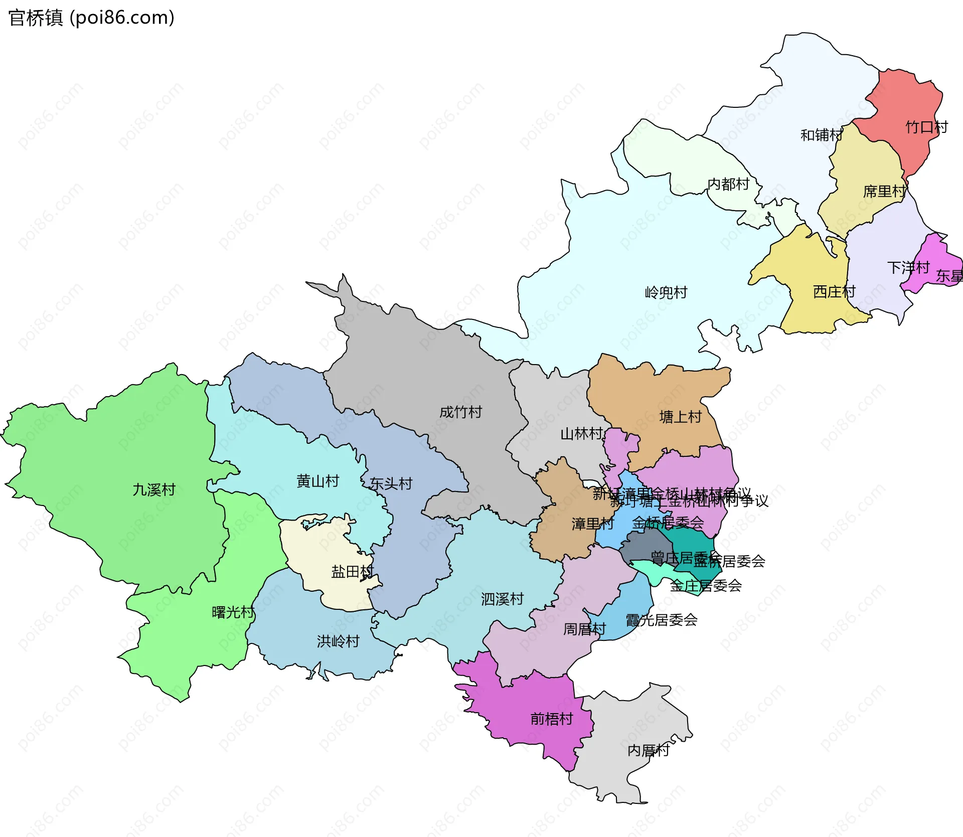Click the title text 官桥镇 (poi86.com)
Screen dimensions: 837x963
coord(91,18)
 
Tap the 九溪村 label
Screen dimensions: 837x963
coord(154,489)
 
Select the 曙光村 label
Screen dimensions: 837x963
coord(233,612)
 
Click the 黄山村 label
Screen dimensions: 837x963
coord(318,481)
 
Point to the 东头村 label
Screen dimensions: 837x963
coord(391,483)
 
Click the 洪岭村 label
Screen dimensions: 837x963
coord(338,641)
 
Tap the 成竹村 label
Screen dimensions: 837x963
coord(460,412)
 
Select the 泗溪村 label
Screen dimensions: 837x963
coord(502,599)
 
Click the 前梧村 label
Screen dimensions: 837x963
coord(552,719)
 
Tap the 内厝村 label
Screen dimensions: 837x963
coord(649,750)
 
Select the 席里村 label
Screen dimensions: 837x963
coord(884,191)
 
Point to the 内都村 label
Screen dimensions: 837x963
coord(728,184)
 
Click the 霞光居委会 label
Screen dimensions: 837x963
coord(662,620)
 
